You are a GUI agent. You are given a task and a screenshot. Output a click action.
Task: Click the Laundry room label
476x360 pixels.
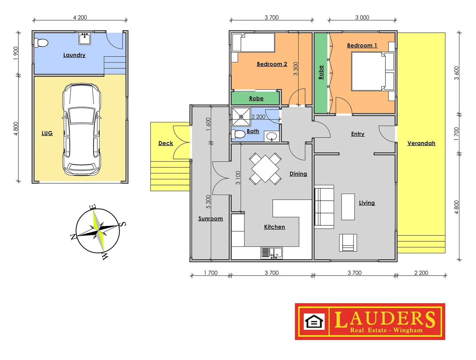coord(74,55)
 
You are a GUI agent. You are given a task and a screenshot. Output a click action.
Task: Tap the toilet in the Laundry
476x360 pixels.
coord(41,43)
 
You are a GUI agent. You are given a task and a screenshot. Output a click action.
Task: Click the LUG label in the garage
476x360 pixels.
coord(47,133)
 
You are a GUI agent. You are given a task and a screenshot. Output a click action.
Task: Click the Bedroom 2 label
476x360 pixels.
coord(272,64)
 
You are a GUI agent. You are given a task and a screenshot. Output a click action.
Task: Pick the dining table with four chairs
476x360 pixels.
coord(265,169)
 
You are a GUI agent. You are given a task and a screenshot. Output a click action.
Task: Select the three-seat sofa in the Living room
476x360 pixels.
coord(324,207)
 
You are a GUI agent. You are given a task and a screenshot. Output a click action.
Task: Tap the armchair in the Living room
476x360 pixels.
coord(348,242)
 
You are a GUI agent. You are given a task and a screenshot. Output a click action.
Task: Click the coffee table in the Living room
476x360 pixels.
coord(348,207)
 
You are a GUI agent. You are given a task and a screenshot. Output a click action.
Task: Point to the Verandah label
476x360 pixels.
coord(421,143)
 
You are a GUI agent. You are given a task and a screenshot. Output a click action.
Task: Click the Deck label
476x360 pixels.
coord(166,143)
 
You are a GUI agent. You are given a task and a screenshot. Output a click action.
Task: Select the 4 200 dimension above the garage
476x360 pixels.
coord(80,17)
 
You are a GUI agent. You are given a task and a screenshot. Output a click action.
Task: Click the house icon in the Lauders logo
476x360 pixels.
coord(314,322)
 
